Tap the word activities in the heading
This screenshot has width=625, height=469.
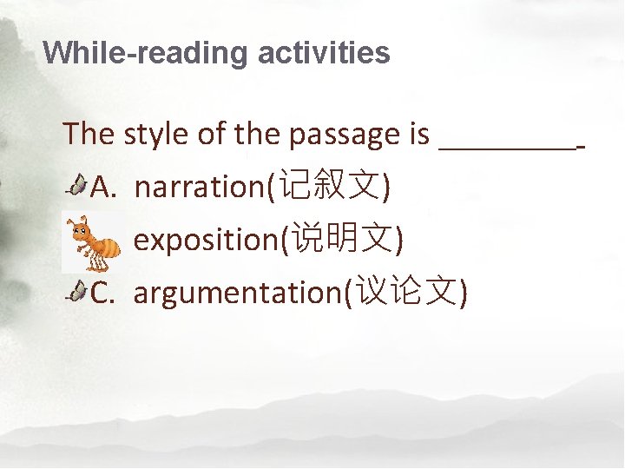pos(324,54)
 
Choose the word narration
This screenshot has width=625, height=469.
pos(201,186)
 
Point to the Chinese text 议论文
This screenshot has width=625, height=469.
pos(406,294)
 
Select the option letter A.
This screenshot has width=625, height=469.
pos(102,186)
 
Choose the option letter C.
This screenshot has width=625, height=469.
pos(102,294)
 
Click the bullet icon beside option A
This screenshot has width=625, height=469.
pos(77,184)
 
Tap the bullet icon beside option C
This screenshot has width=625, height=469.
pos(77,292)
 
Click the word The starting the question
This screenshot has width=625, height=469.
pos(89,135)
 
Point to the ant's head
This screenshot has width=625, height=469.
pos(81,231)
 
